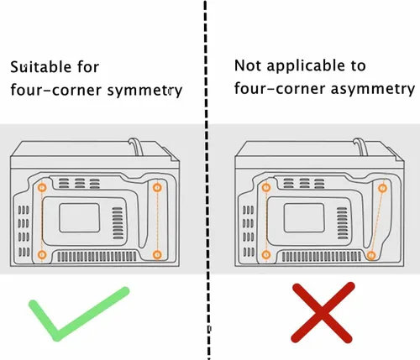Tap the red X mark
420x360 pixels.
(323, 313)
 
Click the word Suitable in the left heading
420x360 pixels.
(40, 67)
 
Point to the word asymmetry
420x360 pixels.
(372, 90)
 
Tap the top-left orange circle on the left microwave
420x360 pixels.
(42, 187)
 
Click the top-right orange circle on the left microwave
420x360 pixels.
(157, 187)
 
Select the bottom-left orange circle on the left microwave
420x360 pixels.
(42, 255)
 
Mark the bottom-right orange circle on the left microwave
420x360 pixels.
(157, 255)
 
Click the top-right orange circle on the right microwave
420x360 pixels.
(382, 188)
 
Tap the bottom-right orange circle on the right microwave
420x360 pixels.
(371, 255)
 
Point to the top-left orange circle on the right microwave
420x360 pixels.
(266, 187)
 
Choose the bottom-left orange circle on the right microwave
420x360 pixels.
(266, 255)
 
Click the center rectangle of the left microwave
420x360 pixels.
(80, 218)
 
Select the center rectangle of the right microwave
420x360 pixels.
(304, 218)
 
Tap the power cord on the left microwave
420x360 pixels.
(136, 146)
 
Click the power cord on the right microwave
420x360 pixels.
(360, 146)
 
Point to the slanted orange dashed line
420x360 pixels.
(377, 222)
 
